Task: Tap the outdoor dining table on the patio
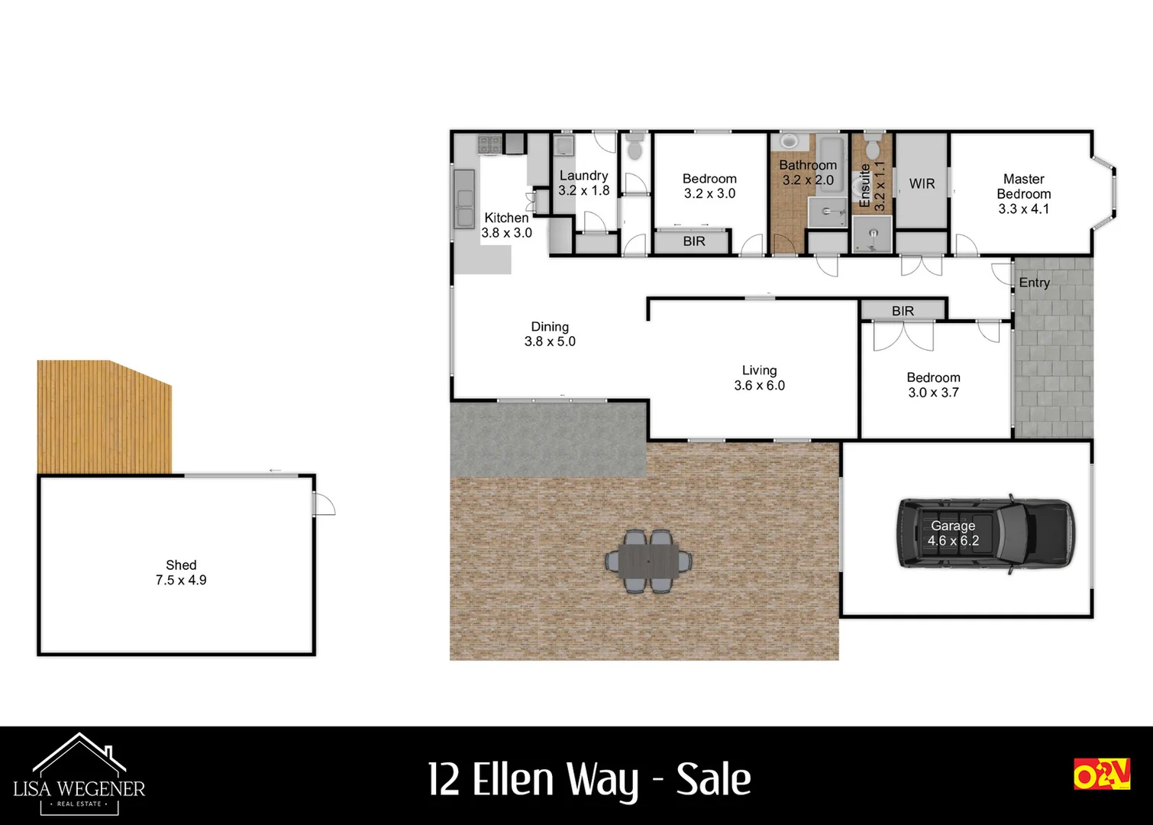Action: (649, 561)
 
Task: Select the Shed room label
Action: (181, 572)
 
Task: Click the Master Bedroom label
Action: (1023, 193)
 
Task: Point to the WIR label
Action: (922, 183)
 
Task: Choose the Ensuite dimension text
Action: (880, 186)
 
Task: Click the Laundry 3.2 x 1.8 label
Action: (584, 183)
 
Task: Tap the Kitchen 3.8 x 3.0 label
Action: (506, 225)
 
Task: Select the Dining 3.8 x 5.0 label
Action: (550, 334)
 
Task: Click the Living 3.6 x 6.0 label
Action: (759, 378)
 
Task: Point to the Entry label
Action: (1034, 283)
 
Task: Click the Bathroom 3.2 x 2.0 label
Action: (808, 173)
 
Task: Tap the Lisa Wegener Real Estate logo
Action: (79, 774)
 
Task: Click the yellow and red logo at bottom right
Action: (1101, 774)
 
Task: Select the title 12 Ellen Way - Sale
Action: (589, 779)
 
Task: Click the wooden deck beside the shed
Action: (104, 417)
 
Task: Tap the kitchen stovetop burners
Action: (489, 143)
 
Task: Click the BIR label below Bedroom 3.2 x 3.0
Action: (694, 241)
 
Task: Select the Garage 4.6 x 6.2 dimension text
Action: (953, 541)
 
